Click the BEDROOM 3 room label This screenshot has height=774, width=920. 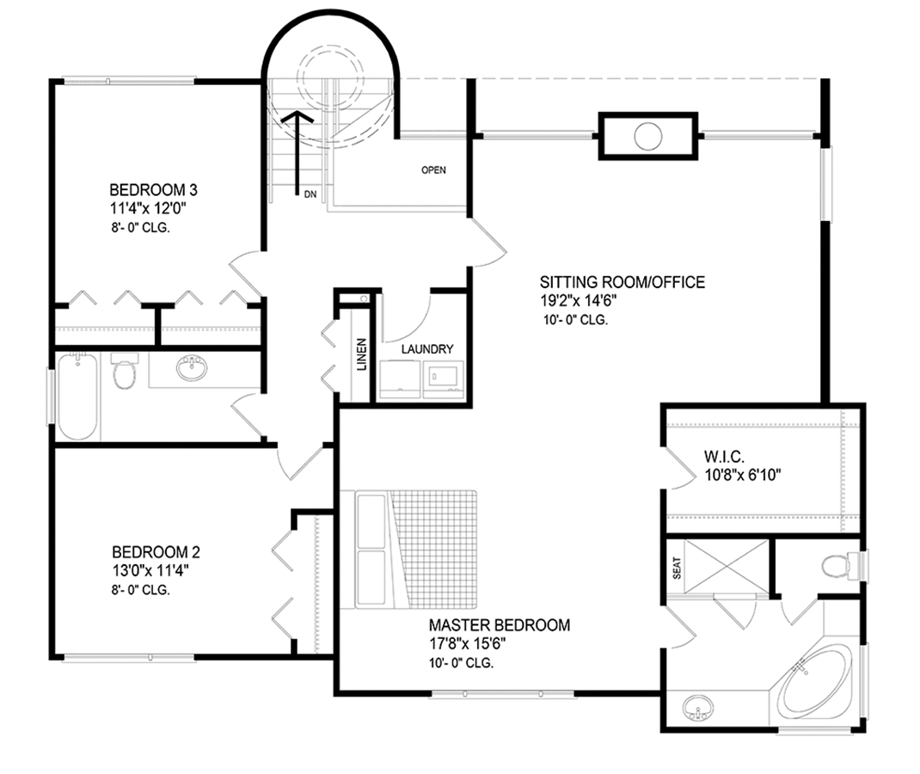pos(153,190)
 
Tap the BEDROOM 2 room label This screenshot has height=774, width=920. pos(156,552)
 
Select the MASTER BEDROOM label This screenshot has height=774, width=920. pos(500,625)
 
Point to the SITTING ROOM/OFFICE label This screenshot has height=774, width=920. pos(623,282)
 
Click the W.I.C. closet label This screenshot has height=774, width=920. pos(724,457)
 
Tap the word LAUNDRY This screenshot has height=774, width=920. pos(427,349)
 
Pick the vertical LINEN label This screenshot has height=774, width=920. pos(361,354)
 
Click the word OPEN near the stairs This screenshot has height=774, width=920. pos(433,170)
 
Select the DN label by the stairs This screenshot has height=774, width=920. pos(310,194)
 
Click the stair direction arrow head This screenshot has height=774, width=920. pos(297,116)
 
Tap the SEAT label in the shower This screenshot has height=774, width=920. pos(677,568)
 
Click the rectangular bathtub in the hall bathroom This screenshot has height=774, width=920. pos(78,396)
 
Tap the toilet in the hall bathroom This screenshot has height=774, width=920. pos(125,370)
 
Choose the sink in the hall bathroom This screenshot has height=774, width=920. pos(192,369)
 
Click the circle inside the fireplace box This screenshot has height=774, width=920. pos(647,136)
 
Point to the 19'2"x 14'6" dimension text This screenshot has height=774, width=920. pos(578,301)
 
